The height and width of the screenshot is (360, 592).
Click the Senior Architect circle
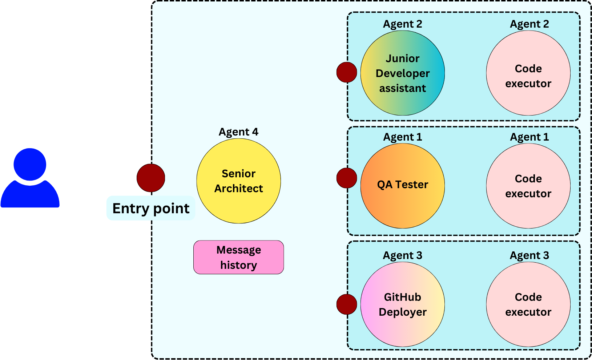coord(238,181)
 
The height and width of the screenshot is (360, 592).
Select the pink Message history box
coord(238,257)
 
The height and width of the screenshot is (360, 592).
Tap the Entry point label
coord(151,209)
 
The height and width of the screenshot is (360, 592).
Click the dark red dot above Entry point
coord(151,178)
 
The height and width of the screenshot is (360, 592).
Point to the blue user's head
coord(30,164)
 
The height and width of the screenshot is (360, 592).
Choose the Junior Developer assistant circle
coord(402,73)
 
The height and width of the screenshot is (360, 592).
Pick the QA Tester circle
coord(402,186)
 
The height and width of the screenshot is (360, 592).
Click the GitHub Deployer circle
coord(402,304)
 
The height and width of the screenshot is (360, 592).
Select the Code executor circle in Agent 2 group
coord(528,73)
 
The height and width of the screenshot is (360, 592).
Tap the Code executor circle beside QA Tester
coord(528,186)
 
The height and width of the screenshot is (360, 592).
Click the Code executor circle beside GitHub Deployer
coord(528,304)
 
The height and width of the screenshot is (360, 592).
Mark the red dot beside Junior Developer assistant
coord(347,72)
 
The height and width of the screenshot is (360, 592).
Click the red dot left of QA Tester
coord(347,178)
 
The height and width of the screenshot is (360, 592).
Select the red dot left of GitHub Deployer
coord(347,304)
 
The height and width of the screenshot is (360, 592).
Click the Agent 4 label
coord(238,132)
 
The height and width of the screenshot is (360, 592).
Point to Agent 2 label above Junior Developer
coord(402,24)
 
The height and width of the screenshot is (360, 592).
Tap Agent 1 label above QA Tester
coord(402,137)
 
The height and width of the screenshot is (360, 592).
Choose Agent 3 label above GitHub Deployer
coord(402,255)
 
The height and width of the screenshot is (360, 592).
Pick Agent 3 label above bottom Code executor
coord(529,255)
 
